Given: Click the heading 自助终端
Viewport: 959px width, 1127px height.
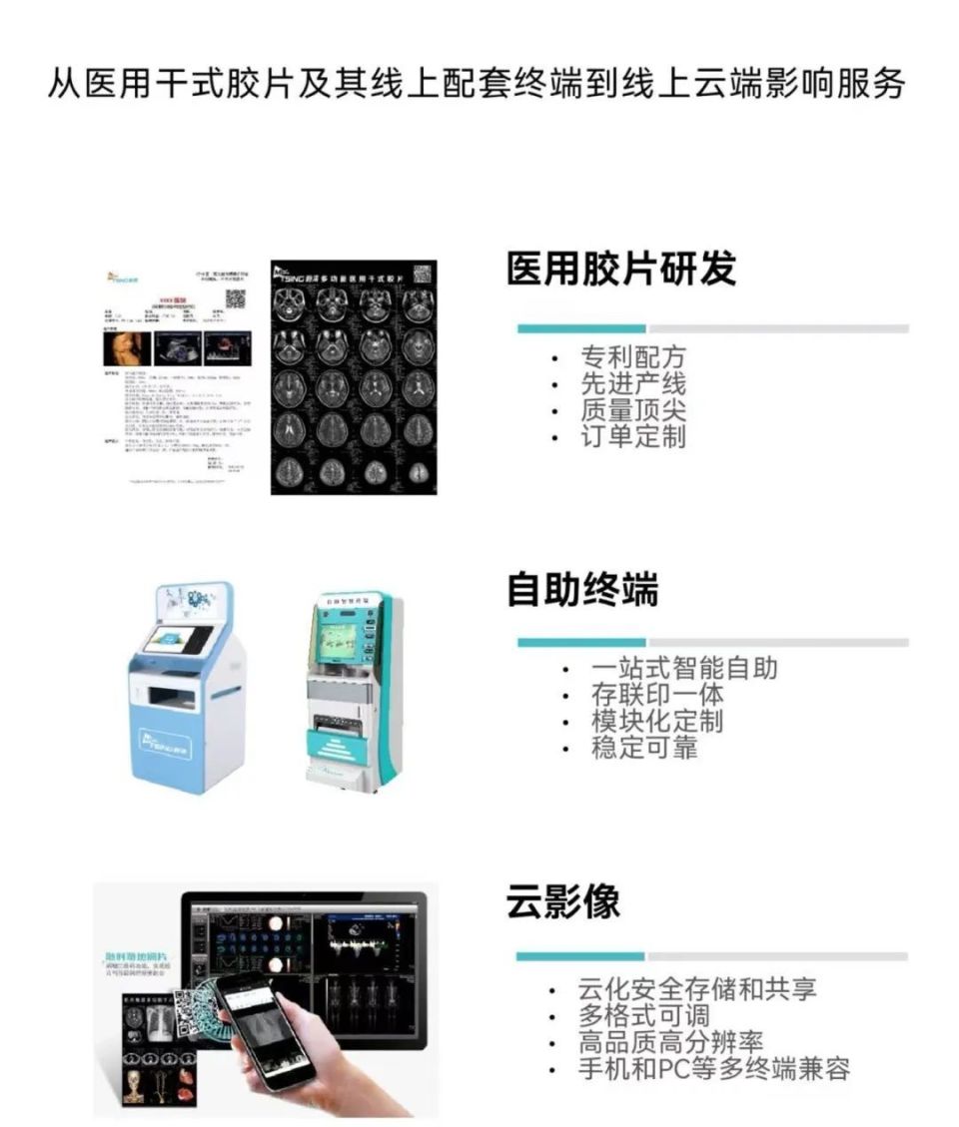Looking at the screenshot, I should [582, 590].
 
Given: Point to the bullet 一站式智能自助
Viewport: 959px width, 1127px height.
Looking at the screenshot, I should [683, 668].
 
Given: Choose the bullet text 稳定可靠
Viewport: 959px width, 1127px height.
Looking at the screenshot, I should [643, 747].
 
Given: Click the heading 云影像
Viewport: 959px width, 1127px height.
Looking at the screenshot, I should [563, 901].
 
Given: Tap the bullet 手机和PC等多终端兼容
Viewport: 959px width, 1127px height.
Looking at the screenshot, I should [713, 1069].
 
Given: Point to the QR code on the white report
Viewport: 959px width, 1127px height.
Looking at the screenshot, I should [235, 298].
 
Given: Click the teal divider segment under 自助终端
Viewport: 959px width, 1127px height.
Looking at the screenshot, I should [580, 642].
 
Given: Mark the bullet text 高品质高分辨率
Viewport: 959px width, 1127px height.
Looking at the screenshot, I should [670, 1043].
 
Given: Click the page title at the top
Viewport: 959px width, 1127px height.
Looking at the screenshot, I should [478, 84].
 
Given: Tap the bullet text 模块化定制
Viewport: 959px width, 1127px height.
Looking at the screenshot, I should [656, 721].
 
